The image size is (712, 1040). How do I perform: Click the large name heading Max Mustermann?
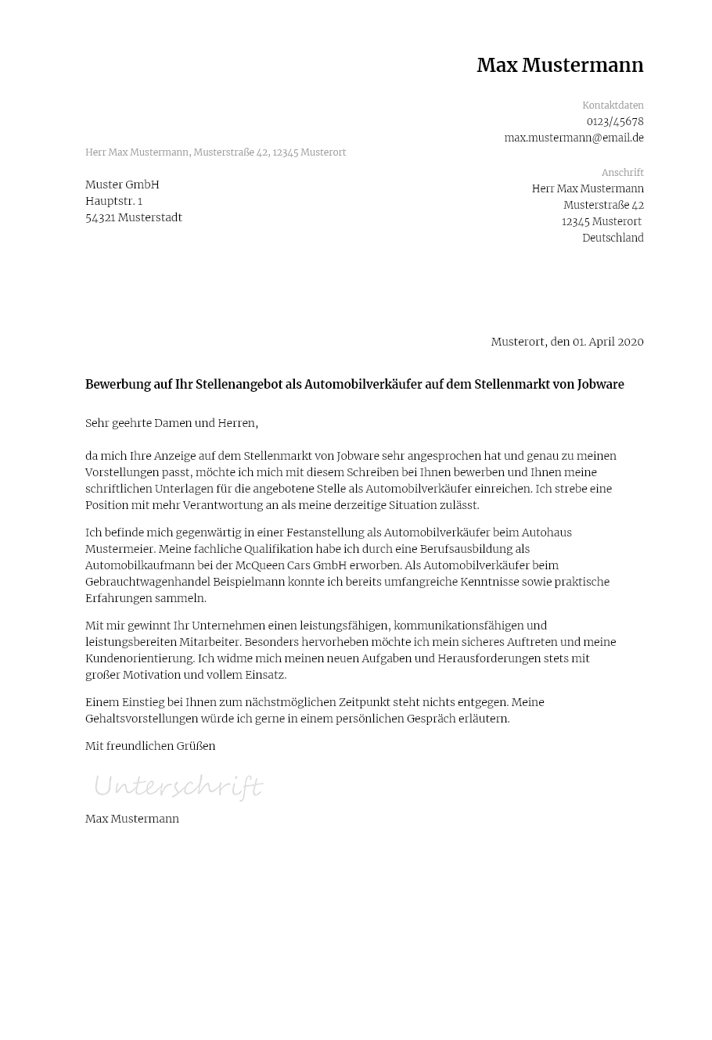point(559,66)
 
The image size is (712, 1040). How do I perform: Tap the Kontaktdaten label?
point(613,106)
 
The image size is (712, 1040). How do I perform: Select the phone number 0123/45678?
point(615,122)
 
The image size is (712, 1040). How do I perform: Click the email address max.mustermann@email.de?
point(574,138)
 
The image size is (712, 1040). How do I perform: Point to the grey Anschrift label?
point(622,173)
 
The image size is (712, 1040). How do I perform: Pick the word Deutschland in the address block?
point(613,238)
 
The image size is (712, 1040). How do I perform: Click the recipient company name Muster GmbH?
point(122,185)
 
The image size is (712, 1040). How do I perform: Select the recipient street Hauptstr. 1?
point(113,202)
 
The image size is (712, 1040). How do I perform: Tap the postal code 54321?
point(101,218)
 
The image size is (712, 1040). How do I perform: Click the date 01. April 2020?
point(607,342)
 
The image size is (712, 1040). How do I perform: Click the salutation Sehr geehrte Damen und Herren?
point(171,424)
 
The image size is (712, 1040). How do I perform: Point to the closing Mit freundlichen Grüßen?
point(150,747)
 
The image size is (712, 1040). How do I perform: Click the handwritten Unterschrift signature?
point(178,786)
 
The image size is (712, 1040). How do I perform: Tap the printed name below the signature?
point(132,819)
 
